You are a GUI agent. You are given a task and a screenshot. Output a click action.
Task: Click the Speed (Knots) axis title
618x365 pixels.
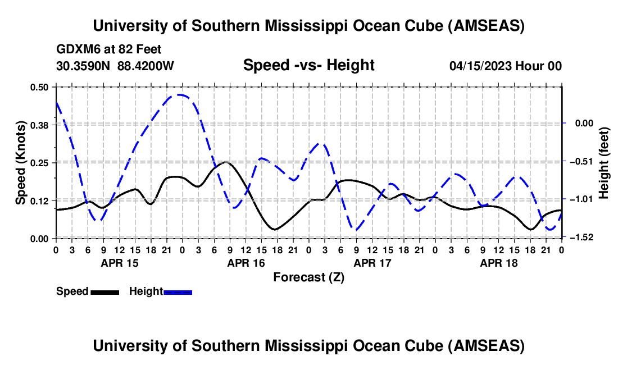pyautogui.click(x=21, y=163)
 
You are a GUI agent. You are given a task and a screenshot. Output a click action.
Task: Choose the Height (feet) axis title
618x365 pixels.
pyautogui.click(x=605, y=163)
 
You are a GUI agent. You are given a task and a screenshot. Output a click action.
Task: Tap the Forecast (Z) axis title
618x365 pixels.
pyautogui.click(x=308, y=277)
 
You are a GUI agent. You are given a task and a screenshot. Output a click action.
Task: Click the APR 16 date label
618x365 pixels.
pyautogui.click(x=246, y=263)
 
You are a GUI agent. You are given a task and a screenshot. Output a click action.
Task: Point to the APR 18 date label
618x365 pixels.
pyautogui.click(x=498, y=263)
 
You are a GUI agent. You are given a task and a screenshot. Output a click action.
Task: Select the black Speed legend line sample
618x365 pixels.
pyautogui.click(x=104, y=291)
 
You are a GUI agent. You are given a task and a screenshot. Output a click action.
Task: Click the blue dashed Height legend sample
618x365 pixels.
pyautogui.click(x=178, y=291)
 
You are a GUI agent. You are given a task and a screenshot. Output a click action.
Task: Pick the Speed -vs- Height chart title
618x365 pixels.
pyautogui.click(x=308, y=65)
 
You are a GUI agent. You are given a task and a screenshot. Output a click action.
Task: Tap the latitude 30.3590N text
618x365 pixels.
pyautogui.click(x=83, y=66)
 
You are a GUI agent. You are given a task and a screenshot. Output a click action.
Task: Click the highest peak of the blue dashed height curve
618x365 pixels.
pyautogui.click(x=179, y=95)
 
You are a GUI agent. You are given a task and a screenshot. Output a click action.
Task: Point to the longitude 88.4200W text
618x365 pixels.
pyautogui.click(x=146, y=66)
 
